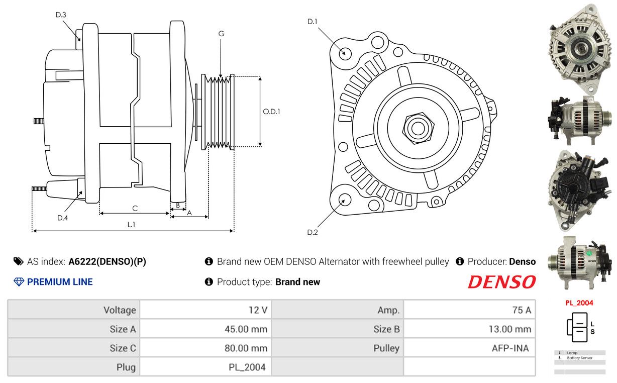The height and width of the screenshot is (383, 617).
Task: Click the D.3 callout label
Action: pos(61,15)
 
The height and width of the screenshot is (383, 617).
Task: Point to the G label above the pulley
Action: pos(221,34)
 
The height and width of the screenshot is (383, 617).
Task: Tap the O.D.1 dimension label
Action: pos(271,112)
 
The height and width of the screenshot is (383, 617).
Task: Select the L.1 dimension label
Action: pos(131,225)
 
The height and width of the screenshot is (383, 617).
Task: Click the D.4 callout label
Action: pos(62,218)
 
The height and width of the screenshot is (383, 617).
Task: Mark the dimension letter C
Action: pos(135,208)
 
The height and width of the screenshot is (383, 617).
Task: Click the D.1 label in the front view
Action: pos(313,22)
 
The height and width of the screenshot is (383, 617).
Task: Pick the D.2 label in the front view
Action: pos(313,232)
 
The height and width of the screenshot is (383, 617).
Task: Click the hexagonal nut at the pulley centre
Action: pos(418,128)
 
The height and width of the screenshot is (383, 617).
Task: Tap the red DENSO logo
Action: pos(502,282)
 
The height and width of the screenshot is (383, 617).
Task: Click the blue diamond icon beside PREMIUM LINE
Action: pos(19,282)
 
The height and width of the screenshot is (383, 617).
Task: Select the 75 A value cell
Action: pos(522,310)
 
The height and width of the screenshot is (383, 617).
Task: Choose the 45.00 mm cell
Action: pos(246,329)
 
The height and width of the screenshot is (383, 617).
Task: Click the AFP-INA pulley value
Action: pos(510,348)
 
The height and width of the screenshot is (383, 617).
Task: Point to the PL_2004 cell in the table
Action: pos(247,367)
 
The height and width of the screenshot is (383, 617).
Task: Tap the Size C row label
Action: pos(123,348)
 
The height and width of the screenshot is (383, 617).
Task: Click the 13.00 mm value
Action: pos(510,329)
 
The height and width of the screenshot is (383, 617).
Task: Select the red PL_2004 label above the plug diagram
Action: pos(579,303)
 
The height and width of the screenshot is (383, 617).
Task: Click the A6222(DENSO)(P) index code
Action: pos(107,261)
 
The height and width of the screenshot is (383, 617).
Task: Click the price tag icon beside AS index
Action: pos(19,261)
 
